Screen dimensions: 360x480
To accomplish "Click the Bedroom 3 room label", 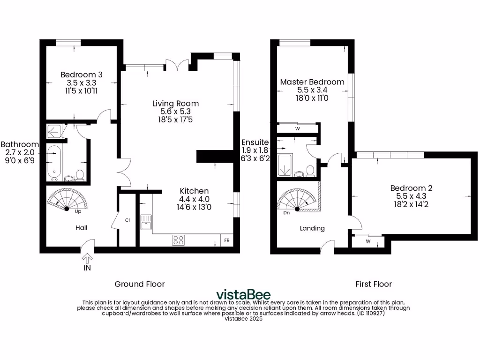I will coord(82,75).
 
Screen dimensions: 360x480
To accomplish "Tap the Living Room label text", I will coord(175,104).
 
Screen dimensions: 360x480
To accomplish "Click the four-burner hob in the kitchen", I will coord(178,240).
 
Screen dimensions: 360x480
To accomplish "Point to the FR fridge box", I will coord(227,240).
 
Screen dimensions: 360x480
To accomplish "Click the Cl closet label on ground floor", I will coord(127,220).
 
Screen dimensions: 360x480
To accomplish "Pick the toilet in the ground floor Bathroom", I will coord(80,175).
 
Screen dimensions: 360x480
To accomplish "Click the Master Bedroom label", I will coord(312,82).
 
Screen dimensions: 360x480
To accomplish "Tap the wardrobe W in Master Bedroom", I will coord(297,128).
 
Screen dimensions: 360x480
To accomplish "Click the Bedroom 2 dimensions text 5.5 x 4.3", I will coord(411,196).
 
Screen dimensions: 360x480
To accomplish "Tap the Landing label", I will coord(312,228).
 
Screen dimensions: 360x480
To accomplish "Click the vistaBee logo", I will coord(243,294).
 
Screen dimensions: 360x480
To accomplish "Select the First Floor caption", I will coord(374,284).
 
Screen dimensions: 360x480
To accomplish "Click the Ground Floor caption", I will coord(140,284).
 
